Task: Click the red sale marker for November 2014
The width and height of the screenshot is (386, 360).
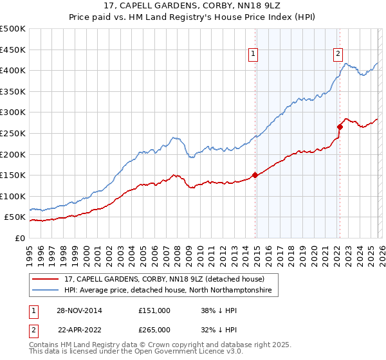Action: click(255, 174)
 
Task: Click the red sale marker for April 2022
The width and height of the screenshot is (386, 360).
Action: click(340, 127)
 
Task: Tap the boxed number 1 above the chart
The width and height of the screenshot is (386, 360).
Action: click(255, 55)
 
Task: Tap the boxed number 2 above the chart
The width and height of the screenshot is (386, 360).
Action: click(338, 55)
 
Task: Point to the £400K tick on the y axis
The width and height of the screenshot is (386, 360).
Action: click(13, 70)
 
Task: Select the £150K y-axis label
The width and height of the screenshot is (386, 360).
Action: click(13, 175)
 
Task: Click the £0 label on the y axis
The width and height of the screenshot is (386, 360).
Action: click(20, 238)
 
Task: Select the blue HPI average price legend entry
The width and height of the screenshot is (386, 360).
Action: click(168, 291)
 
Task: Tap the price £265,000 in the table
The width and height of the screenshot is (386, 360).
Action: click(154, 329)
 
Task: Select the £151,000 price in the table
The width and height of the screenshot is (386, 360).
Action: click(154, 310)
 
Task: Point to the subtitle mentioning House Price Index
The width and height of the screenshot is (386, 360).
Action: click(193, 17)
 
